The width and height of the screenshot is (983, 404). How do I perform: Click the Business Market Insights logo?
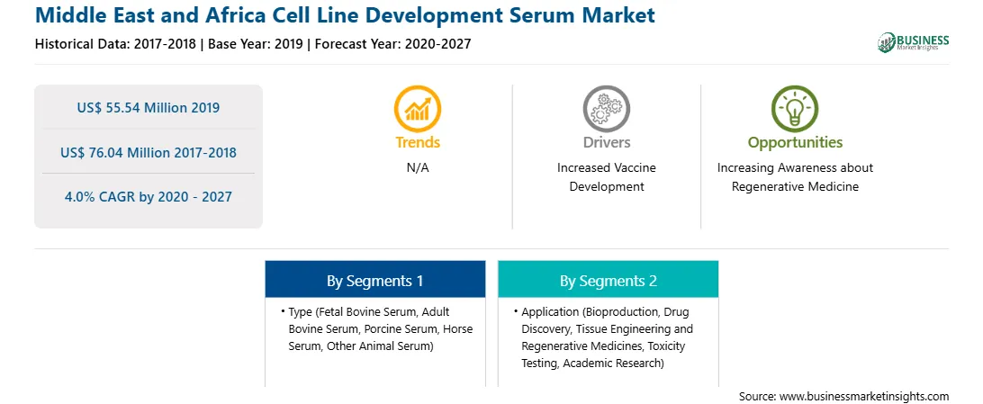[913, 42]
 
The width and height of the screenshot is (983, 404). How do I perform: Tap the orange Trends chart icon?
[418, 108]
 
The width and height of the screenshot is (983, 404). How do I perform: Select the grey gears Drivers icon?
[606, 108]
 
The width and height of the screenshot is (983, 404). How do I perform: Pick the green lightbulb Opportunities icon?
[794, 108]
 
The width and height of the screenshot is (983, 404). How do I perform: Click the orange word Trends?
[418, 142]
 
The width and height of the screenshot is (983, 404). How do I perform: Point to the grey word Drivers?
[606, 142]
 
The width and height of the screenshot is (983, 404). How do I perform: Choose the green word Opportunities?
[795, 143]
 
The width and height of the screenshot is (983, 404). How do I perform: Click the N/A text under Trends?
[418, 168]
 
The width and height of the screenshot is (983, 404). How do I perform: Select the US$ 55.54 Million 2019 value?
[149, 108]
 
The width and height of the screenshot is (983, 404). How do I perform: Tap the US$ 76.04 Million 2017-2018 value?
[149, 152]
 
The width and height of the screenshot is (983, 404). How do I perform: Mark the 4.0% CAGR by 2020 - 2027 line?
[149, 197]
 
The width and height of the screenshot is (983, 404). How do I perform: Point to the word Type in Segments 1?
[301, 312]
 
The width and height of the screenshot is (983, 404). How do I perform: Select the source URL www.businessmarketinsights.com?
[864, 396]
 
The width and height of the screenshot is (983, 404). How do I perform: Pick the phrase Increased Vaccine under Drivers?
[606, 168]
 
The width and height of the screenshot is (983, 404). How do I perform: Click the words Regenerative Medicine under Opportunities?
[795, 186]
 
